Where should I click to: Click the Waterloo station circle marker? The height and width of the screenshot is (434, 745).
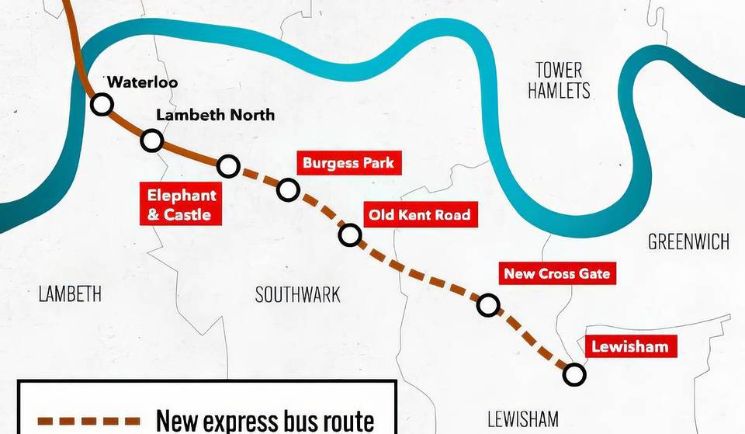pos(102,104)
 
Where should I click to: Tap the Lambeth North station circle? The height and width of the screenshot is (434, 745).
pos(152,141)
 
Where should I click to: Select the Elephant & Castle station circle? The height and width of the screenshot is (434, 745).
pos(228,165)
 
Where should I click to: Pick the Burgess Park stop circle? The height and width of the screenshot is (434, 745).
pos(288,189)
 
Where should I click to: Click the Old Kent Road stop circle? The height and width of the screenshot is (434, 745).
pos(350,234)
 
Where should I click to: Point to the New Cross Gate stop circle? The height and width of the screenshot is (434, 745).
pos(487,305)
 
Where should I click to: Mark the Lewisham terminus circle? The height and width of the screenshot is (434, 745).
pos(573,375)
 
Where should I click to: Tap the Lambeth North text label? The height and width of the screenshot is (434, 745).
pos(215,115)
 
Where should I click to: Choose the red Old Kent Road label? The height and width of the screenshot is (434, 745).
pos(419,214)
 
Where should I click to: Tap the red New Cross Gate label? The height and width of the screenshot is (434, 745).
pos(556,274)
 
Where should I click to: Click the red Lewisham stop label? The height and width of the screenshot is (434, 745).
pos(629,346)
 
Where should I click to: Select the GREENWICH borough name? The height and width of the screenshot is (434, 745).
pos(688,242)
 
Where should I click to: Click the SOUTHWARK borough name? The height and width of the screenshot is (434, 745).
pos(297,293)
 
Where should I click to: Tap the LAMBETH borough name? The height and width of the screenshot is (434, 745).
pos(70,293)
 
